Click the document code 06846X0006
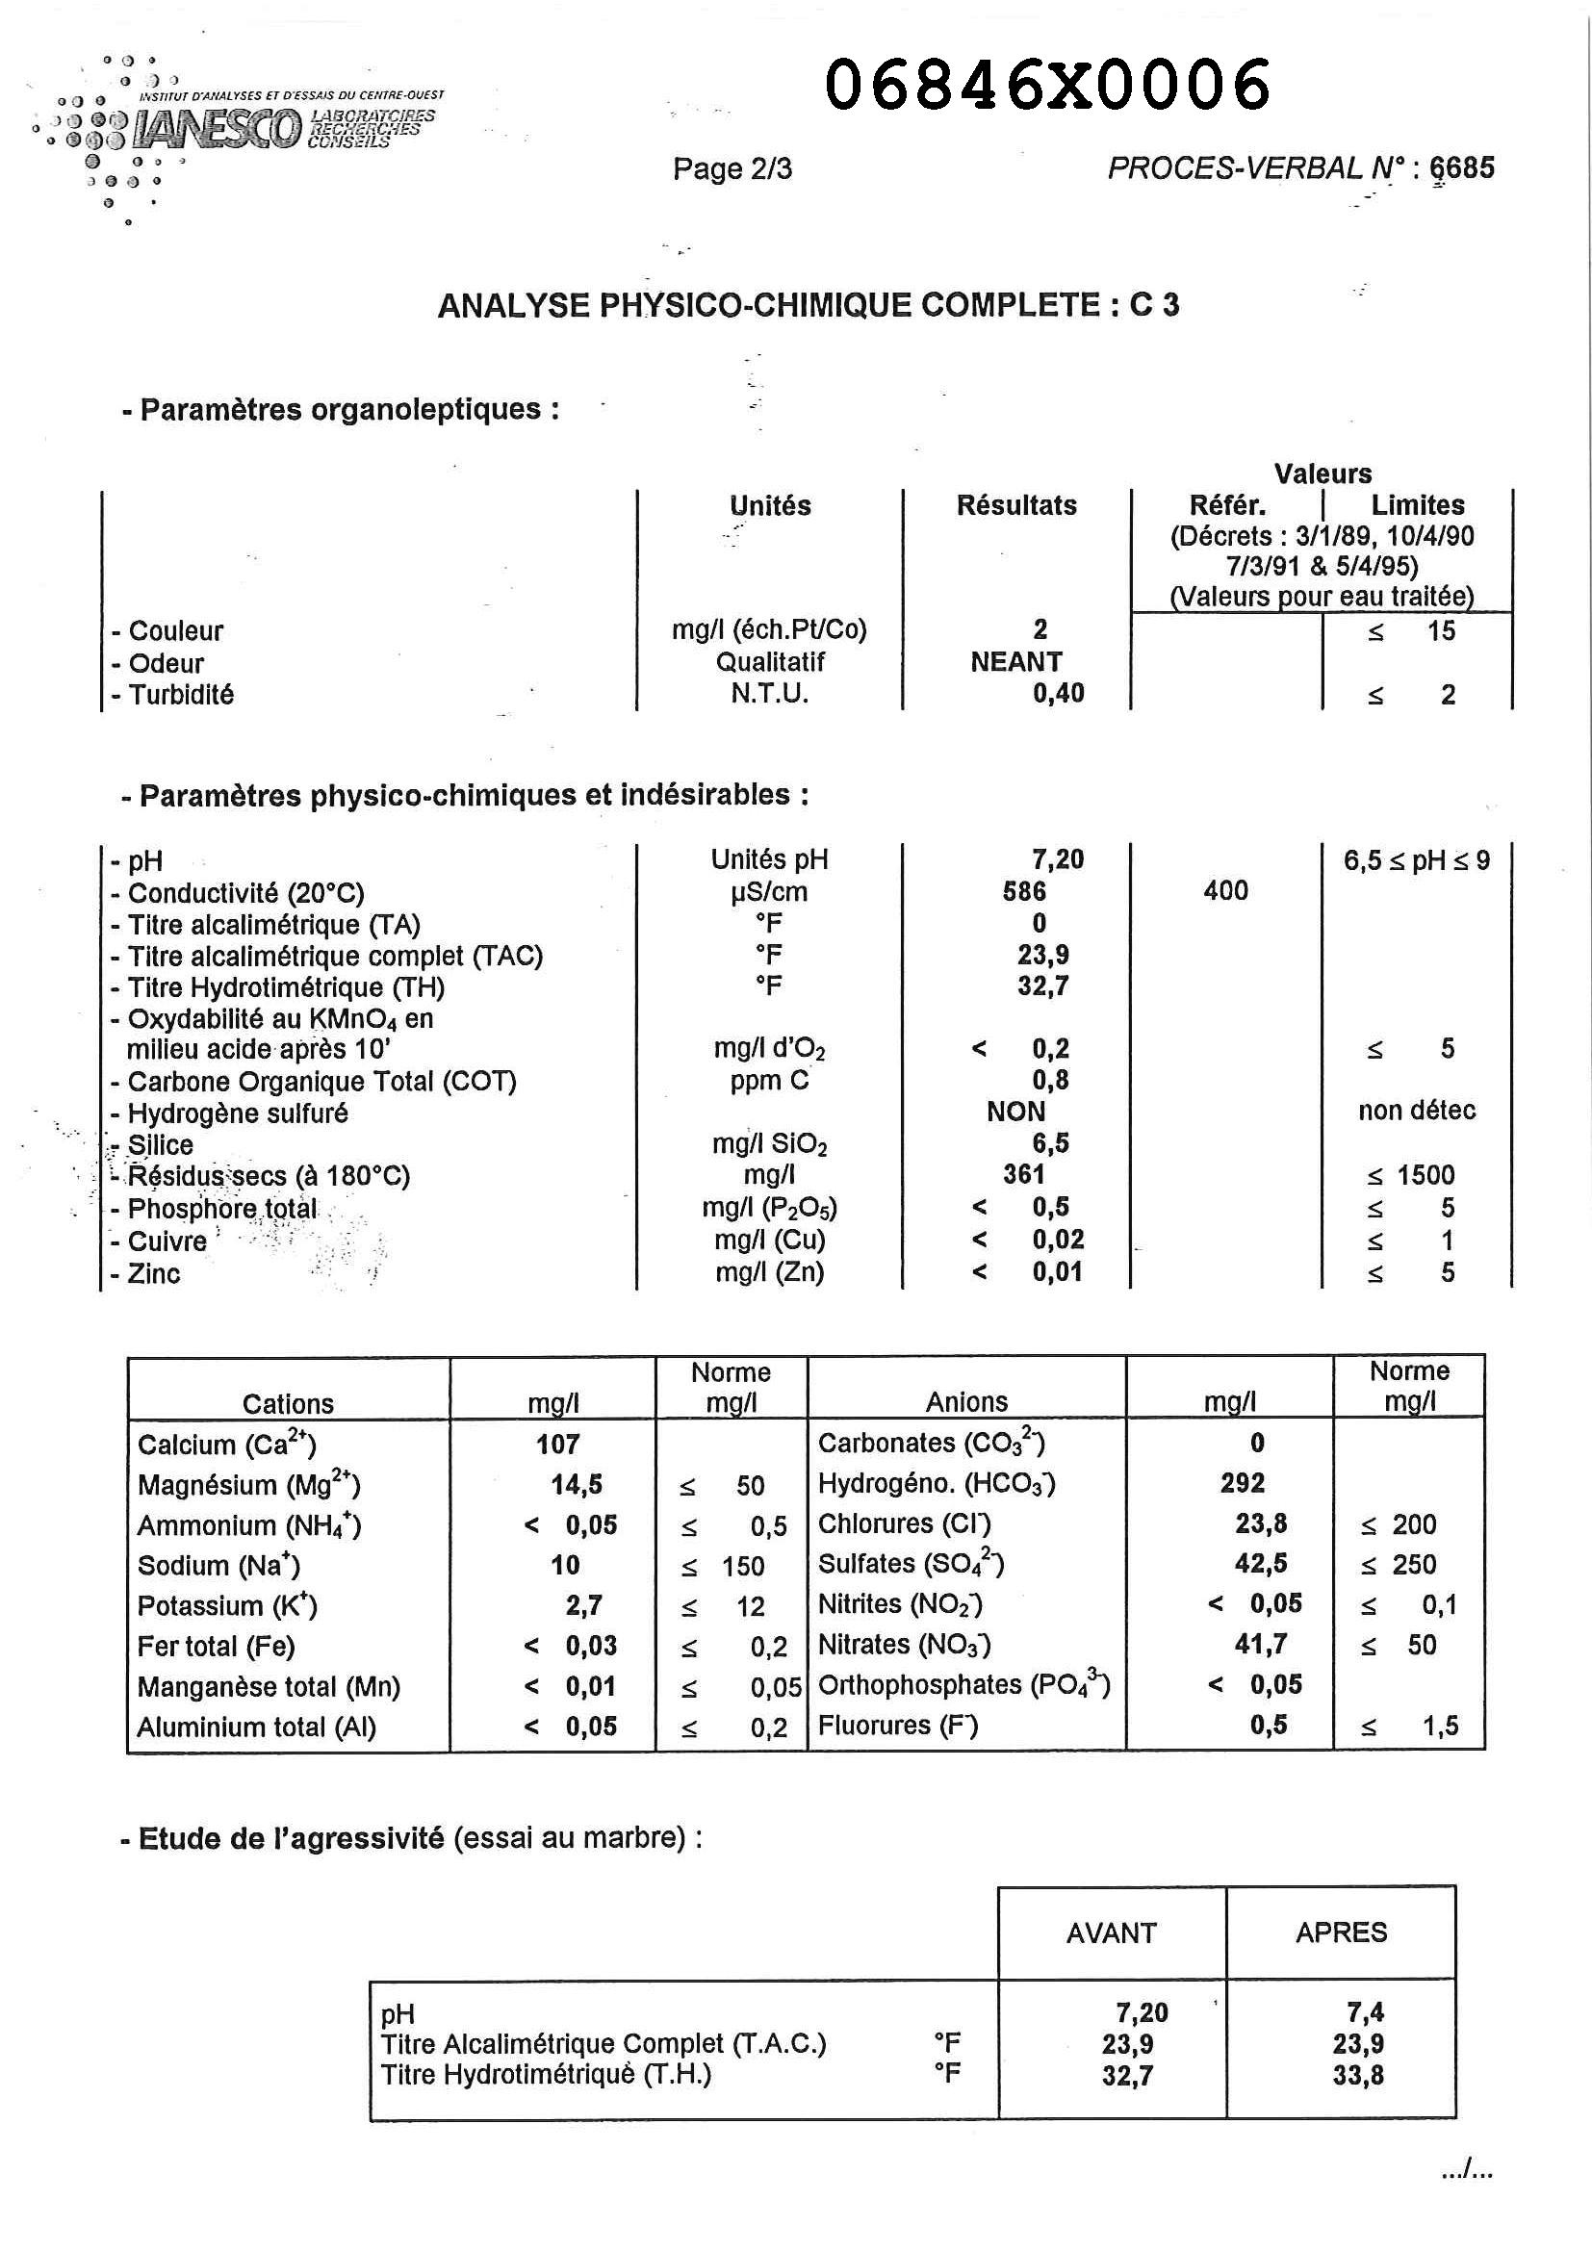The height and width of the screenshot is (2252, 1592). (1047, 85)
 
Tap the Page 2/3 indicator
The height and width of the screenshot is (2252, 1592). (732, 168)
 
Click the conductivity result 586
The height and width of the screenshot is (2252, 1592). (1024, 890)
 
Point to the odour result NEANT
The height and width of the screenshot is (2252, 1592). (1016, 662)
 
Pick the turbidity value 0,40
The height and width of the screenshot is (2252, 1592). (1058, 694)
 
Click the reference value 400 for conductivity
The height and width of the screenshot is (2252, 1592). (1225, 890)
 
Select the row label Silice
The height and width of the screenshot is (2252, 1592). (160, 1144)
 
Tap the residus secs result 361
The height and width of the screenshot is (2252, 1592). (1023, 1174)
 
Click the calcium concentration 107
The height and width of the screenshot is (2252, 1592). (557, 1444)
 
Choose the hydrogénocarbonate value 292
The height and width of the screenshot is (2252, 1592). (1242, 1483)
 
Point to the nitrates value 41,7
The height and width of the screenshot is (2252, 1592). (1261, 1644)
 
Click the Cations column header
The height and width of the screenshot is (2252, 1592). (288, 1403)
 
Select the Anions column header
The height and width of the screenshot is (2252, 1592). (966, 1402)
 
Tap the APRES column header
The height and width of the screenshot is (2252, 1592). (1341, 1932)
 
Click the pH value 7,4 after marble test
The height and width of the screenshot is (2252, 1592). (1365, 2012)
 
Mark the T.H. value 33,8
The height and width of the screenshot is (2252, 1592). (1357, 2076)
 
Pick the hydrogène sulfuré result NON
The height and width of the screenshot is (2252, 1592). (1015, 1112)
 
